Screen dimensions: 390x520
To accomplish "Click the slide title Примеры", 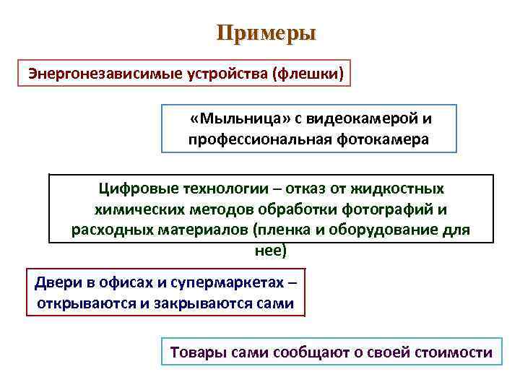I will pyautogui.click(x=266, y=33).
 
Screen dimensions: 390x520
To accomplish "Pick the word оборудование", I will pyautogui.click(x=396, y=230).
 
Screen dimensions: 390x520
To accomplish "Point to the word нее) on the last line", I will pyautogui.click(x=271, y=250).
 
